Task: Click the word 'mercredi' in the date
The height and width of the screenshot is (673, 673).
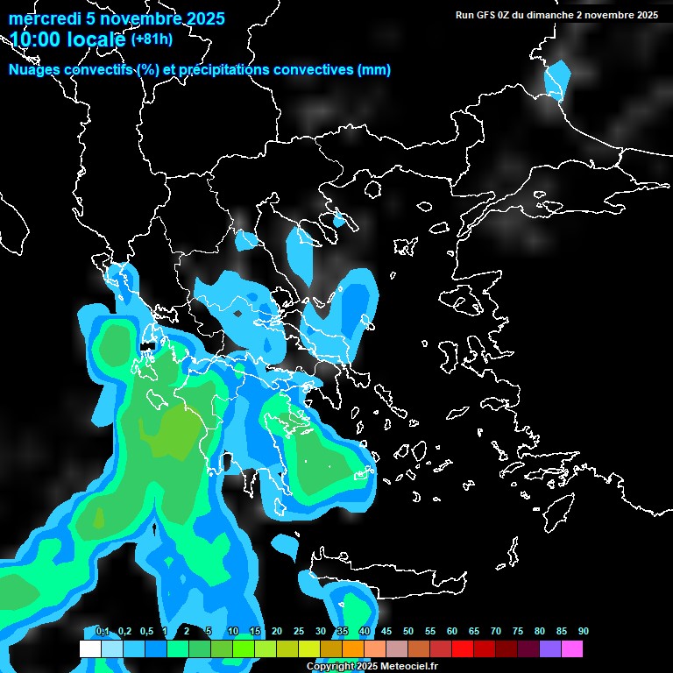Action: coord(45,18)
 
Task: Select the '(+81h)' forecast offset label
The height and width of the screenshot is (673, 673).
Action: coord(152,39)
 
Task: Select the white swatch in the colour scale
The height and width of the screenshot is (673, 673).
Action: coord(89,649)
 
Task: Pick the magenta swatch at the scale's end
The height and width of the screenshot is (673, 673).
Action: coord(571,649)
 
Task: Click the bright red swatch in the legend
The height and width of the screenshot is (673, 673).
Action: coord(462,649)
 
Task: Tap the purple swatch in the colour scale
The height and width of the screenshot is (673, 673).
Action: coord(549,649)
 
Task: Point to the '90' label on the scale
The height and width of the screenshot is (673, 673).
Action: coord(584,632)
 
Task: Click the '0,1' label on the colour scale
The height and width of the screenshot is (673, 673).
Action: coord(103,632)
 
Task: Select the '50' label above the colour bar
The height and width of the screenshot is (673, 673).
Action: coord(408,632)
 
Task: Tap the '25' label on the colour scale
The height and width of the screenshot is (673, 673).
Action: coord(299,632)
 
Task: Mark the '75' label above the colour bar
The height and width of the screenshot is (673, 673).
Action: coord(518,632)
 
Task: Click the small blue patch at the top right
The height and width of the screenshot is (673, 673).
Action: coord(557,79)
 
